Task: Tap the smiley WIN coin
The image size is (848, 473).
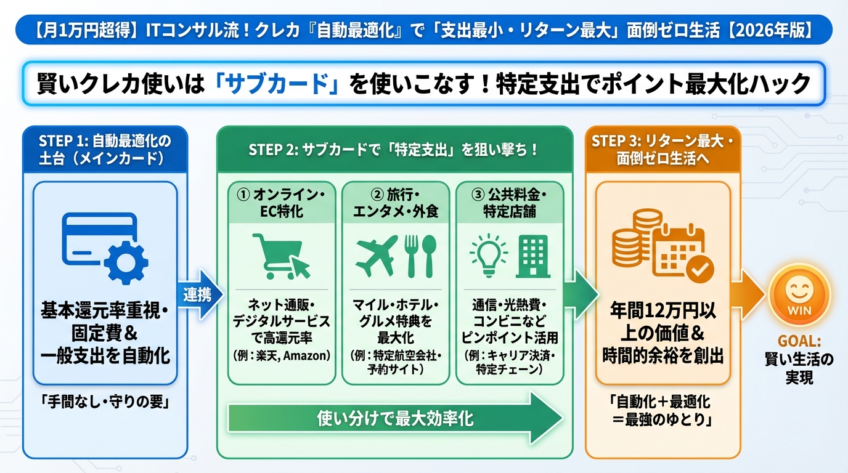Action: [x=799, y=297]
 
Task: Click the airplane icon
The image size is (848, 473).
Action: [x=376, y=256]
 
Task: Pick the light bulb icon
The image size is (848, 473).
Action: [x=488, y=256]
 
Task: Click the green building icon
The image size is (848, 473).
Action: [x=533, y=256]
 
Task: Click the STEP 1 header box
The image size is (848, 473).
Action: [x=105, y=149]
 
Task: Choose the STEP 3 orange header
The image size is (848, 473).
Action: [x=662, y=149]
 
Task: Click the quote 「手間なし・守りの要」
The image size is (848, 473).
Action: [x=105, y=403]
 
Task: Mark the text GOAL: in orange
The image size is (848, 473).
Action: [x=799, y=341]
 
